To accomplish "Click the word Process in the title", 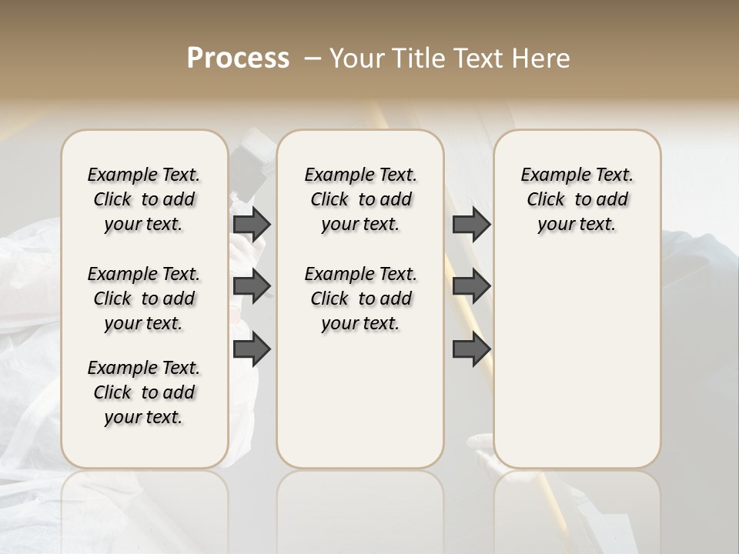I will (x=238, y=58).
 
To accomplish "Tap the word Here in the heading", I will (x=542, y=58).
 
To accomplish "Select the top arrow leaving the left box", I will (x=252, y=224).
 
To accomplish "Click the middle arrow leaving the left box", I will (x=252, y=286).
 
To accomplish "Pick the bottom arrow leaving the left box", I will (x=252, y=349).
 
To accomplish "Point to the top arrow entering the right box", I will (x=471, y=224).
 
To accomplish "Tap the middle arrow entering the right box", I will (x=471, y=286).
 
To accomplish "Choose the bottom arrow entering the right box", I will (x=471, y=349).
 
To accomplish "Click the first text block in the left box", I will (x=144, y=199).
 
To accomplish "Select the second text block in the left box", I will (x=144, y=299).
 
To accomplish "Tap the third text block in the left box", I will (x=144, y=392).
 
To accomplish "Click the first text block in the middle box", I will (x=360, y=199).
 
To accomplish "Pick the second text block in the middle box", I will (x=360, y=299).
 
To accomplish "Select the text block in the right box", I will (x=577, y=199).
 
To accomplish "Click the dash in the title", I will (x=313, y=58).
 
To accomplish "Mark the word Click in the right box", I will (x=546, y=200).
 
